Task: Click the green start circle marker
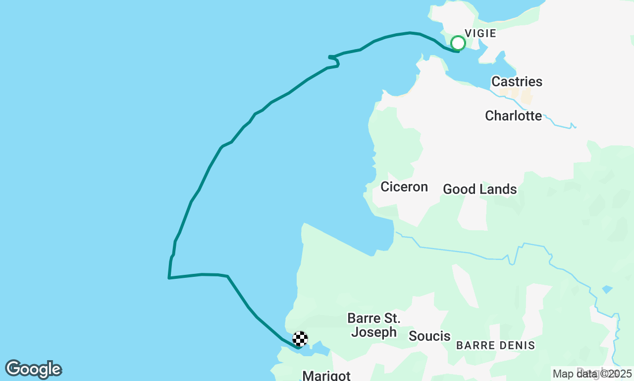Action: [458, 43]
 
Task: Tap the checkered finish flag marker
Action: [300, 339]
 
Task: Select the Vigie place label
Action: [480, 33]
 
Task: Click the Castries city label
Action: [517, 81]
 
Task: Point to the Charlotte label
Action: [513, 116]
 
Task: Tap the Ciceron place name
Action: [404, 187]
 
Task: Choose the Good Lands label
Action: [479, 189]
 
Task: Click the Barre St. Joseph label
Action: [374, 325]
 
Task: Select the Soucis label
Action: [429, 336]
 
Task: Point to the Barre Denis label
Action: [495, 345]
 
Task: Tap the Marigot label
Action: [326, 375]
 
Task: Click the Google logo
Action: [33, 369]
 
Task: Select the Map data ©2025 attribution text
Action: [592, 374]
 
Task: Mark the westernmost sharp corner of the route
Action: [169, 278]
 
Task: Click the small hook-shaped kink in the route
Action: [335, 61]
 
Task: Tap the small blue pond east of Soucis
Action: [607, 289]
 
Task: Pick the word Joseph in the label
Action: [374, 332]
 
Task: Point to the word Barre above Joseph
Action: [364, 318]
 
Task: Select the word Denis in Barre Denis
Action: [518, 345]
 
